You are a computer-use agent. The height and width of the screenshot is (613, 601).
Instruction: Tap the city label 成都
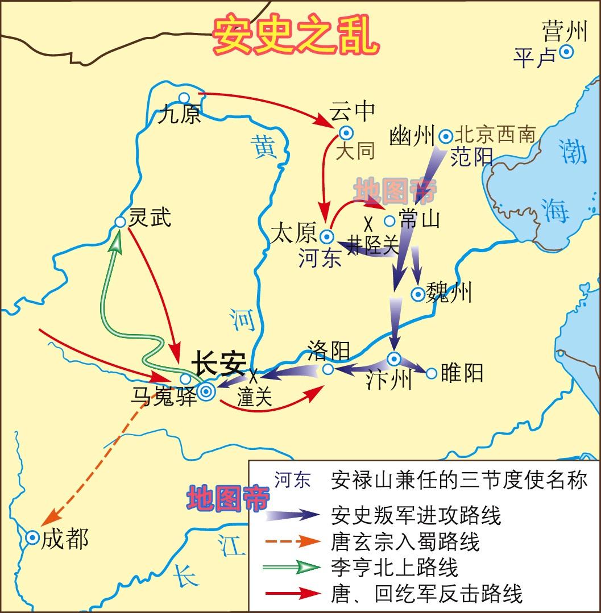click(x=65, y=539)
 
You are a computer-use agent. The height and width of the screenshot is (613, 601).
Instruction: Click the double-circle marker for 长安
click(x=206, y=390)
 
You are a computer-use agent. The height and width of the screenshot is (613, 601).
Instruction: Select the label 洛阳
click(x=328, y=351)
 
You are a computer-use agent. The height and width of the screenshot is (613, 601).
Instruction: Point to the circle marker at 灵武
click(x=120, y=222)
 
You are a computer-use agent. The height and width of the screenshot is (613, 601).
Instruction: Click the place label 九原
click(x=179, y=115)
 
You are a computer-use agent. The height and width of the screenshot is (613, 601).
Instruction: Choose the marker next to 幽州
click(x=446, y=136)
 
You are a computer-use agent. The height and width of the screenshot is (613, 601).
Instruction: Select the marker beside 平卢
click(x=566, y=52)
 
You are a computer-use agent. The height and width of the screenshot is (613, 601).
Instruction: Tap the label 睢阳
click(x=462, y=373)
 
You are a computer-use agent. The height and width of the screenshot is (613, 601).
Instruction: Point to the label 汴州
click(x=388, y=380)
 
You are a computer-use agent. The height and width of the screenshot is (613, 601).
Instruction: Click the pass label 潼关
click(x=255, y=397)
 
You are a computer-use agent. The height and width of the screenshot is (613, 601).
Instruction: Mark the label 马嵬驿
click(x=163, y=396)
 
